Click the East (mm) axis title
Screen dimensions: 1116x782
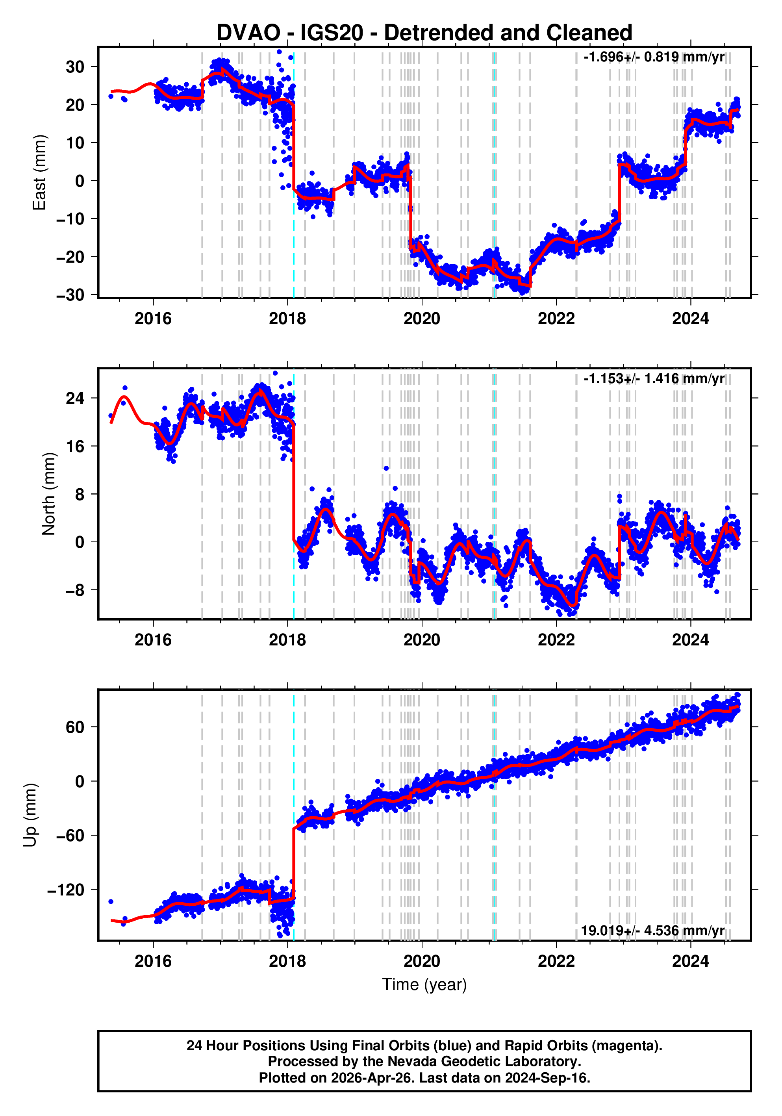click(39, 172)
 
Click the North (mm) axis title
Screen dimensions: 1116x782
click(48, 494)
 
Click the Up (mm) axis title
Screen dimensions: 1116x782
click(30, 815)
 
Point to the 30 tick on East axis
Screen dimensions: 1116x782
click(75, 67)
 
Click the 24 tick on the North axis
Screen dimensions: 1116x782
click(75, 399)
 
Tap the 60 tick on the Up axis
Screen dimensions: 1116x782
click(75, 727)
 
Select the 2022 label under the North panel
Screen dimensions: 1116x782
click(556, 640)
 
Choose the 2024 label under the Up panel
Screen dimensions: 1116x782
click(690, 961)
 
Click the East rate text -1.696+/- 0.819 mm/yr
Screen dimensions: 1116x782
click(654, 57)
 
